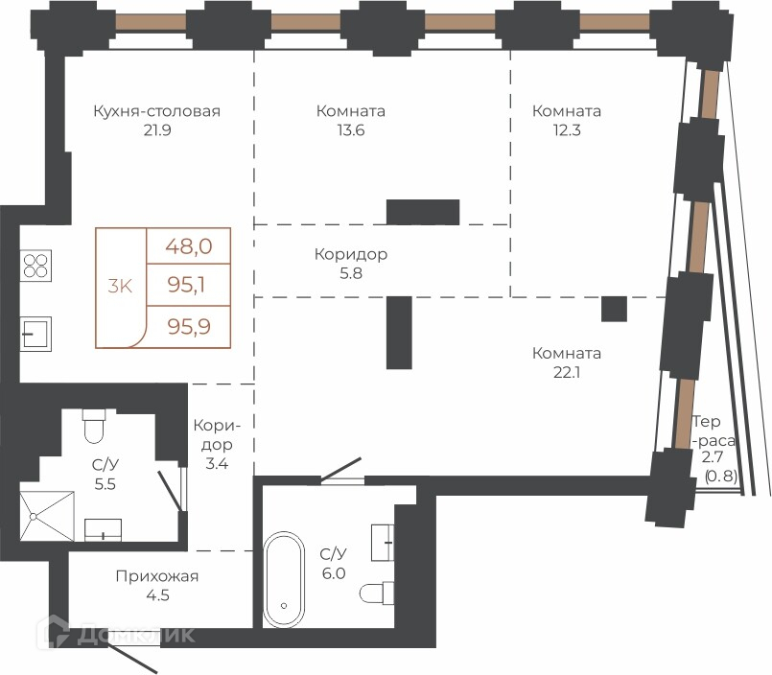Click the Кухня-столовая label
point(156,111)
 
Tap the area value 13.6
point(351,130)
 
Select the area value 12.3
point(567,130)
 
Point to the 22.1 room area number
point(567,373)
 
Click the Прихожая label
point(157,576)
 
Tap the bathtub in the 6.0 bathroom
point(284,579)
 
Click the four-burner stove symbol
point(35,266)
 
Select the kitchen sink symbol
point(35,334)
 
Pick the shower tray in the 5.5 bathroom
point(47,516)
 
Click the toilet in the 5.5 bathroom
point(94,426)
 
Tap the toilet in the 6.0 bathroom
point(377,594)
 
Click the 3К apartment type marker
point(120,286)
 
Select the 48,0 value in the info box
point(189,245)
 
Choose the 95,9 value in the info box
point(189,326)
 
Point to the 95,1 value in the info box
point(187,285)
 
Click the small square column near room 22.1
point(614,309)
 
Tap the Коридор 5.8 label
point(351,264)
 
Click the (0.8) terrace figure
point(721,477)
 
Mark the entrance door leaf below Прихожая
point(132,659)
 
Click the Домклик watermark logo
point(116,634)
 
